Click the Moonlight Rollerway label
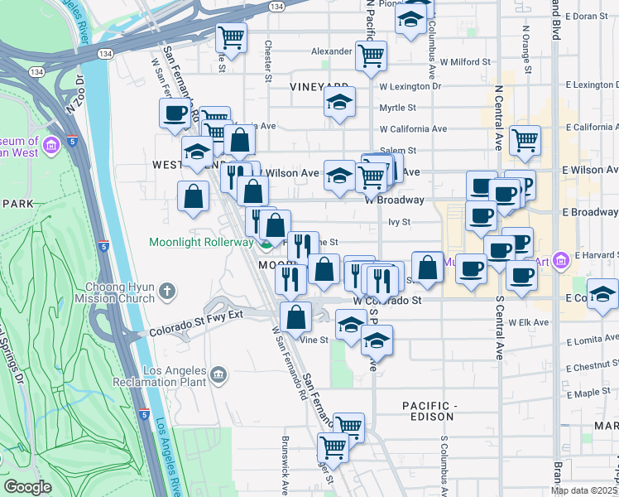[x=200, y=243]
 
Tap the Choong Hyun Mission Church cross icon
[x=168, y=291]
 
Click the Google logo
[x=27, y=487]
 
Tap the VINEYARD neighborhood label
[x=319, y=86]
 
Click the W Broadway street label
[x=395, y=200]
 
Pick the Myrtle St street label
[x=397, y=107]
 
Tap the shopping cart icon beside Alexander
[x=372, y=55]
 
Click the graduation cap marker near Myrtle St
[x=339, y=103]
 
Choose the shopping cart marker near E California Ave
[x=525, y=140]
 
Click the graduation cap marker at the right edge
[x=602, y=294]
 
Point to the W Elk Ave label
[x=529, y=322]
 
